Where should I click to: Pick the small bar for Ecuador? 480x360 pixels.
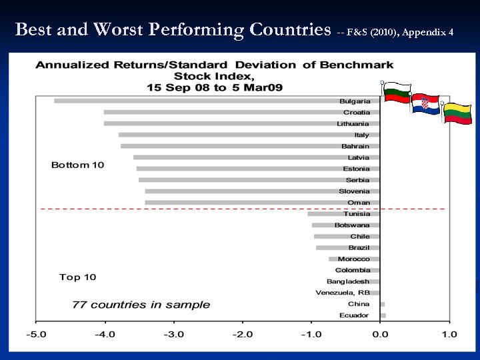click(x=383, y=315)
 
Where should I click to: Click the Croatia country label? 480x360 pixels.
click(x=357, y=113)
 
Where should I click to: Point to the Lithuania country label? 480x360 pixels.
click(x=353, y=124)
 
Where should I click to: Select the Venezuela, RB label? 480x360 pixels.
click(x=343, y=293)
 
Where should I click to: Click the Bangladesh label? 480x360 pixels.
click(x=347, y=281)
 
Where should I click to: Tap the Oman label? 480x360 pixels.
click(x=359, y=203)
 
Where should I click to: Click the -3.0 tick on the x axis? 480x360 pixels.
click(x=174, y=334)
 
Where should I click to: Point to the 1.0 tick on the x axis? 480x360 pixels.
click(x=449, y=334)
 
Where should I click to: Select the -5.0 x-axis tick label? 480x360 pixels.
click(x=37, y=334)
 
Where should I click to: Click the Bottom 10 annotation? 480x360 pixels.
click(x=78, y=165)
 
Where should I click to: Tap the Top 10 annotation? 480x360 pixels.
click(x=78, y=277)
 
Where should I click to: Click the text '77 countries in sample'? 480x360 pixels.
click(x=141, y=305)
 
